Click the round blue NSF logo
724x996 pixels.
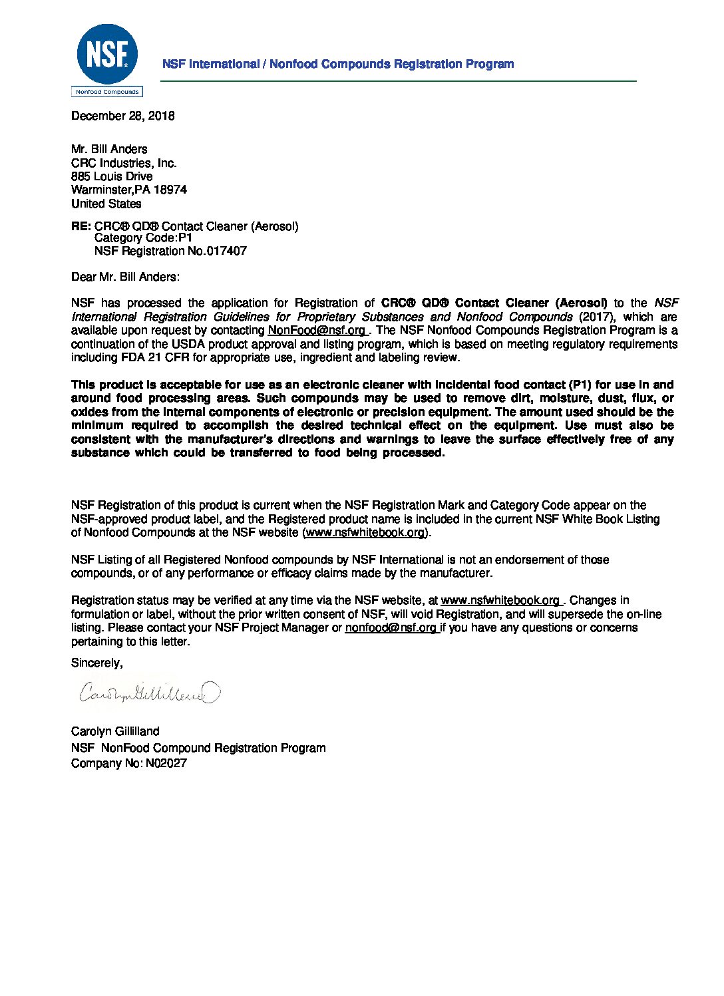tap(107, 54)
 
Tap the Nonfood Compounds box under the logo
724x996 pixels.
tap(107, 92)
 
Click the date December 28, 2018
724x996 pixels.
tap(123, 116)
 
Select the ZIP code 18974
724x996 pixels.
tap(170, 190)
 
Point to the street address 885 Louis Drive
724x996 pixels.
tap(112, 176)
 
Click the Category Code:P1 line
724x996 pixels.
tap(143, 238)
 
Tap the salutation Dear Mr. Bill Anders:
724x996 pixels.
tap(125, 277)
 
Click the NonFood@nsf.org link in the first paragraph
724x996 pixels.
tap(317, 331)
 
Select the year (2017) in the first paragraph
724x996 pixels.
tap(596, 317)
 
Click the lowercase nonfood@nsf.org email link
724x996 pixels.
tap(391, 627)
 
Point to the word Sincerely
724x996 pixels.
tap(96, 663)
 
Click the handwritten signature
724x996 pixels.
tap(148, 693)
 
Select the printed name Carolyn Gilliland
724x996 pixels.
tap(115, 731)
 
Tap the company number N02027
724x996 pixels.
tap(166, 763)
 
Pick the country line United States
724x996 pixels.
tap(106, 204)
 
